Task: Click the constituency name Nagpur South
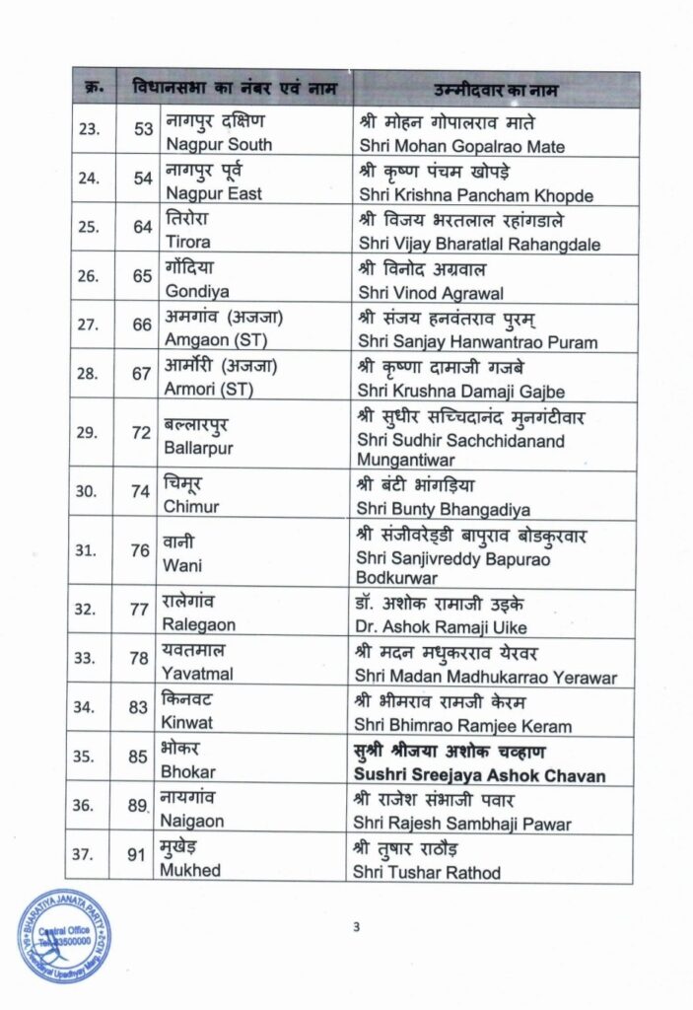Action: click(218, 145)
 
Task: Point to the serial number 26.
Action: click(89, 276)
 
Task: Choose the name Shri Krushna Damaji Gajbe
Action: click(450, 390)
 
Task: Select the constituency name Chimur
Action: click(191, 507)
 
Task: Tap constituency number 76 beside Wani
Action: click(143, 550)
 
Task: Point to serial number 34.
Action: click(89, 707)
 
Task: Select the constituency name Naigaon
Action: click(194, 821)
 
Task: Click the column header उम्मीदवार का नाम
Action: click(496, 91)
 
